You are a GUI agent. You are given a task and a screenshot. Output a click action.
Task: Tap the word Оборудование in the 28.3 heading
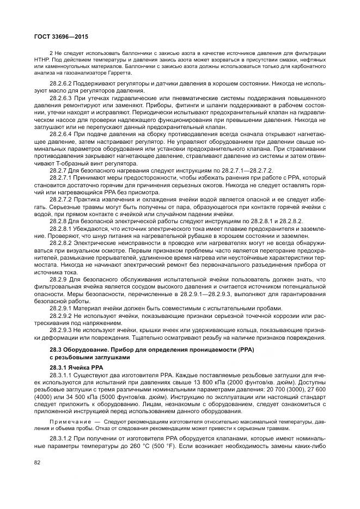pos(84,349)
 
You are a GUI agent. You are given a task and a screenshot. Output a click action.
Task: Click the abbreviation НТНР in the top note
pos(42,59)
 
